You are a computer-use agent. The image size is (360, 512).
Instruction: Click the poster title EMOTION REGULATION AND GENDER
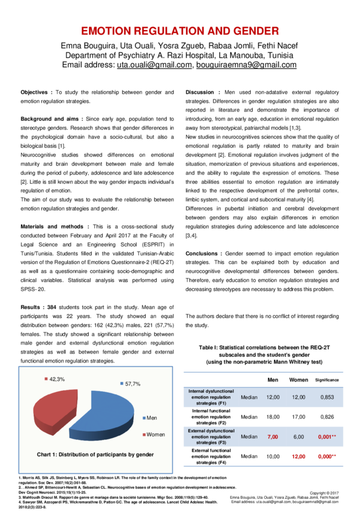point(179,31)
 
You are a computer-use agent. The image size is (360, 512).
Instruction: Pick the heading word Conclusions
point(202,254)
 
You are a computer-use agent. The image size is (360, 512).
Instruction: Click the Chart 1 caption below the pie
point(95,454)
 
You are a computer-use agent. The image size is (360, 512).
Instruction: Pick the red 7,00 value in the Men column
point(273,437)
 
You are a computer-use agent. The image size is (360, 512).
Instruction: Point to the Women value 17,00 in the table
point(298,417)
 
